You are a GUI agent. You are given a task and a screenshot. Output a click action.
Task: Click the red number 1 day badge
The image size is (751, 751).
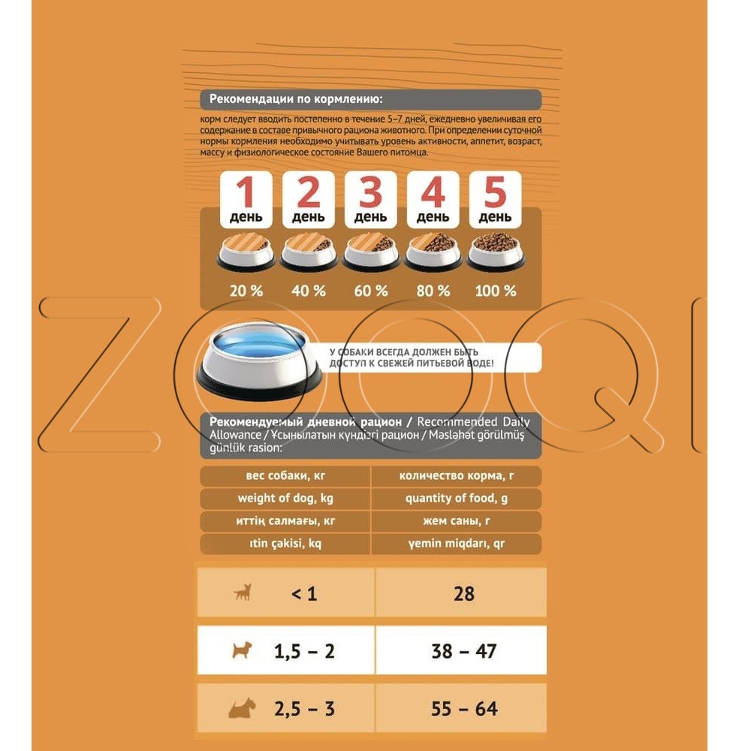click(246, 199)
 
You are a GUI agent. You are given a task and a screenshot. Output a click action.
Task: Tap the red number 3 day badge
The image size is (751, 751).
click(371, 199)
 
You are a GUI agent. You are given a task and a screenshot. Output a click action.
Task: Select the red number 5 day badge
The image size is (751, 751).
click(495, 199)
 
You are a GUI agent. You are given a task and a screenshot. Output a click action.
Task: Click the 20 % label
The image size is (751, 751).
click(246, 291)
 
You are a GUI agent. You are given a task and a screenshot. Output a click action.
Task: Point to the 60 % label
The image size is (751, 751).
click(371, 291)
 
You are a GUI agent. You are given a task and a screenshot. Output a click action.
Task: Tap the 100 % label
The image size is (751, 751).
click(496, 291)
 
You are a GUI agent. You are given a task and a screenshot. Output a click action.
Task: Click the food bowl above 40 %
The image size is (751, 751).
click(309, 252)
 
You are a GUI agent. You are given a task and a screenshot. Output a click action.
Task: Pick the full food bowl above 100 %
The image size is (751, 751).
click(496, 252)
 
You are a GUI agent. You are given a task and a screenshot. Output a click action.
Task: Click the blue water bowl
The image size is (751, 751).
click(259, 360)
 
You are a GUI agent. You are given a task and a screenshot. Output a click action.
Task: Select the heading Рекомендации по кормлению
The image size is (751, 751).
click(296, 99)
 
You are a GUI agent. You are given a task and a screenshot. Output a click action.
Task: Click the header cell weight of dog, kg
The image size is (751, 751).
click(285, 499)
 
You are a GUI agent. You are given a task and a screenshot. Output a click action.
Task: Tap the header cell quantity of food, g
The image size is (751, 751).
click(457, 499)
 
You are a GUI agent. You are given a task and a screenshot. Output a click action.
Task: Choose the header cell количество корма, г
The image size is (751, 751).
click(457, 476)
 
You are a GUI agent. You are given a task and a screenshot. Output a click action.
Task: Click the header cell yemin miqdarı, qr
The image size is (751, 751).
click(457, 544)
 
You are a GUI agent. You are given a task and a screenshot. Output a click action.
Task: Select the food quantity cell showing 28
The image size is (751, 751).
click(464, 594)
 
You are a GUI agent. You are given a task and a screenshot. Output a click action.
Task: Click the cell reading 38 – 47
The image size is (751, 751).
click(464, 651)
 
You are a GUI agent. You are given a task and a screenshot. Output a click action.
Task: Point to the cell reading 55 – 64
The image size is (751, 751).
click(464, 709)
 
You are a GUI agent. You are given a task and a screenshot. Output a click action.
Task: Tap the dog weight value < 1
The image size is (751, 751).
click(304, 594)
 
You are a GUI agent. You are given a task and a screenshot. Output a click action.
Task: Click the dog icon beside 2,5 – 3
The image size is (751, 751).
click(243, 708)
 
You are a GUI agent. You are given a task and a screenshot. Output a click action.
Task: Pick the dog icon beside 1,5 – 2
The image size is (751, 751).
click(242, 650)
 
